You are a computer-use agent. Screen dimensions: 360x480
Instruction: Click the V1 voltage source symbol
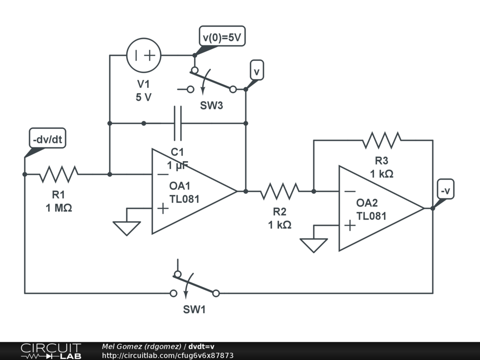click(144, 55)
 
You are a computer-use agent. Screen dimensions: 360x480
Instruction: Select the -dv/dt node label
click(47, 139)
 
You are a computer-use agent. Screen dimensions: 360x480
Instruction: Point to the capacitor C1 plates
click(178, 123)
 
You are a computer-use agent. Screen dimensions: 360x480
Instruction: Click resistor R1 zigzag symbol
click(59, 174)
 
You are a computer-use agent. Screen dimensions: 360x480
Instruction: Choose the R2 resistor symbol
click(280, 191)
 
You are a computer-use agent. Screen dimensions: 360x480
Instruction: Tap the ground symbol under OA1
click(127, 228)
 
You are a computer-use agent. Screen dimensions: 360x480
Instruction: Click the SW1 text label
click(194, 310)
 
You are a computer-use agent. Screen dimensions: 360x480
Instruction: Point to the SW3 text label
click(212, 105)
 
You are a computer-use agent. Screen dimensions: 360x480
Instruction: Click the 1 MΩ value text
click(59, 208)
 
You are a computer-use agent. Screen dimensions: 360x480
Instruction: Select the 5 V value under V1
click(144, 97)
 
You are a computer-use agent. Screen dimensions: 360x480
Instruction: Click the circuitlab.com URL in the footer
click(167, 356)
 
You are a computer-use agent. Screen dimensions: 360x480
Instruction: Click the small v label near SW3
click(256, 71)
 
